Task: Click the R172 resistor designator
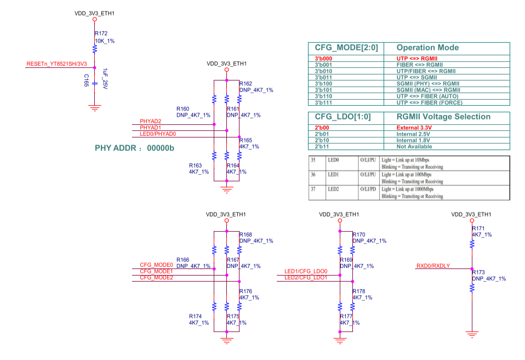click(101, 33)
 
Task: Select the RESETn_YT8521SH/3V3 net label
click(56, 64)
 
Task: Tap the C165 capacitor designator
click(86, 80)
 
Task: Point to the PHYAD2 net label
click(150, 121)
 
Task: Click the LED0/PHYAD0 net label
click(158, 134)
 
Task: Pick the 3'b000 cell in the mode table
click(324, 58)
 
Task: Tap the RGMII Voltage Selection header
click(443, 117)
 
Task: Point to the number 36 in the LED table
click(314, 174)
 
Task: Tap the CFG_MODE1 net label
click(156, 271)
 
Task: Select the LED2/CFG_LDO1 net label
click(305, 278)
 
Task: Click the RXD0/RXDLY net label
click(433, 266)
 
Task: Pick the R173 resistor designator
click(478, 272)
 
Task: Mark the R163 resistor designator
click(196, 165)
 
